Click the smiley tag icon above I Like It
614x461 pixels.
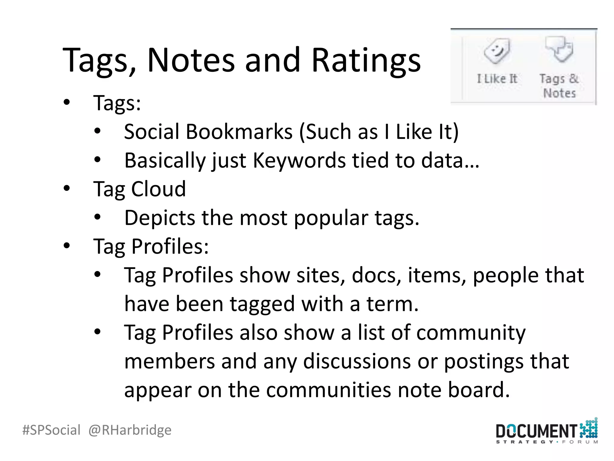497,50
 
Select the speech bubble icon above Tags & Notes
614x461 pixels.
559,49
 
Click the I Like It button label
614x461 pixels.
497,79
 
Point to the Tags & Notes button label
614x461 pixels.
559,86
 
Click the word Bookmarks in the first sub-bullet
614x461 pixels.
239,131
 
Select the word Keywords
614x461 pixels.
299,160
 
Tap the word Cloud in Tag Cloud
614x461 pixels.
159,189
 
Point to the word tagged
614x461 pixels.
262,304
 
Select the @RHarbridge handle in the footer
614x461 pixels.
130,430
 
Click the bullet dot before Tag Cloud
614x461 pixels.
67,188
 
